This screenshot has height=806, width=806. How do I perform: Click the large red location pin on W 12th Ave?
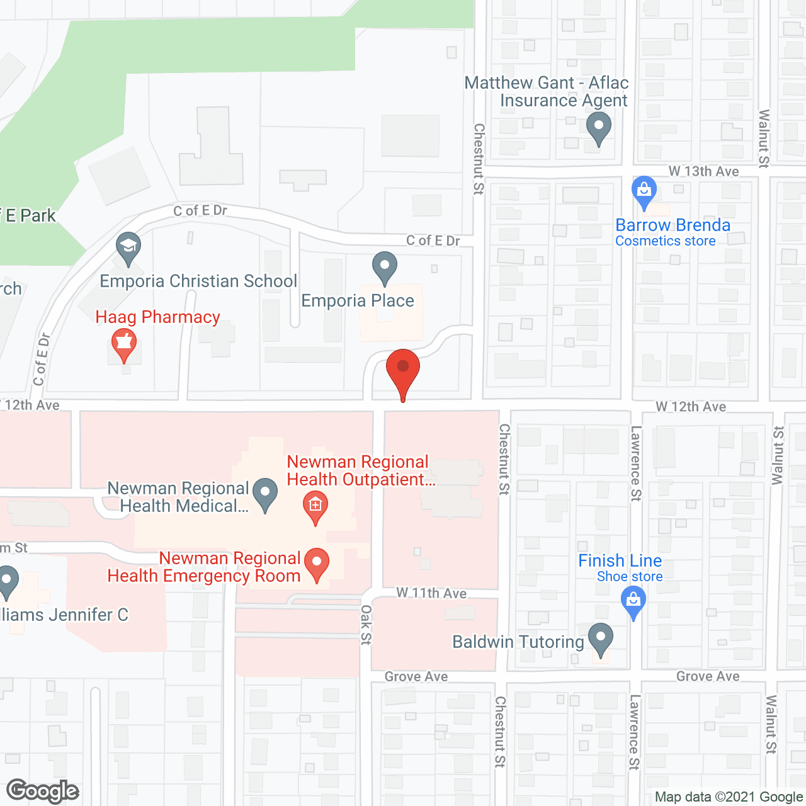click(x=402, y=371)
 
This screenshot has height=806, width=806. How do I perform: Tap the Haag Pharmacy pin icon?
click(x=124, y=344)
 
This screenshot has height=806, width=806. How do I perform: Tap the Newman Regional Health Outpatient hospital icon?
click(x=315, y=508)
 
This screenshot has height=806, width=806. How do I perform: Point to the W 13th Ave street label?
click(x=703, y=171)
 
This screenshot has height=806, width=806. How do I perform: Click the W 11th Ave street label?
click(x=431, y=593)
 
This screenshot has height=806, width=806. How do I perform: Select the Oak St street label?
click(x=366, y=625)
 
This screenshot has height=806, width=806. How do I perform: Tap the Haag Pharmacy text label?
click(x=158, y=317)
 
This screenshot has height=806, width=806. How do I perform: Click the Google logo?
click(x=43, y=791)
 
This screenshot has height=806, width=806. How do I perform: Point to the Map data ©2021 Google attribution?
click(x=729, y=797)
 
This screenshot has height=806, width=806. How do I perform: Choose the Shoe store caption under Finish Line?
click(x=630, y=576)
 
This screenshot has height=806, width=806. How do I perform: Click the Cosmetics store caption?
click(x=665, y=241)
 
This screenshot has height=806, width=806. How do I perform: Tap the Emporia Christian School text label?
click(x=198, y=281)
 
